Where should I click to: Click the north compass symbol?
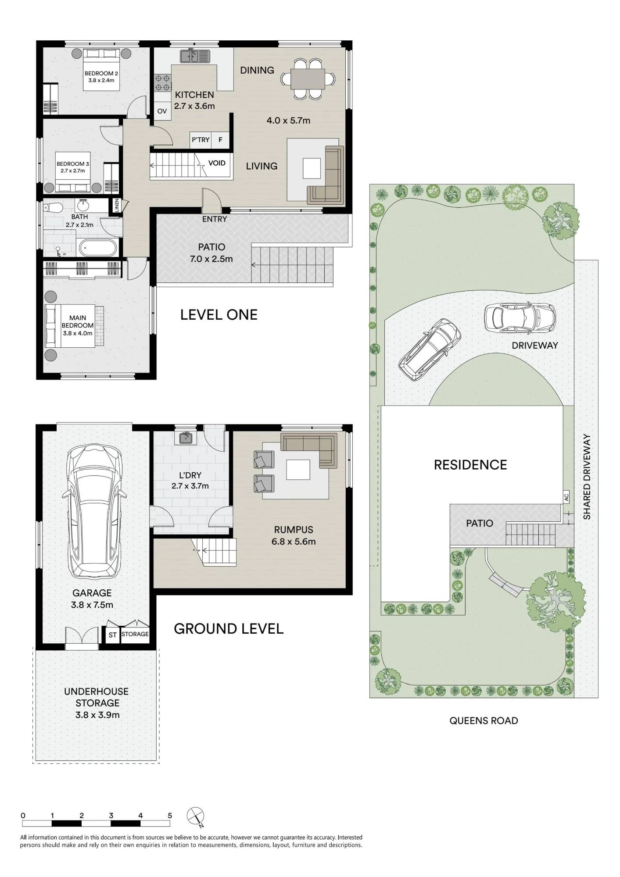click(x=196, y=817)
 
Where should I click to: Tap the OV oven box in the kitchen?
click(x=162, y=111)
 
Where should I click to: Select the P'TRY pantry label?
click(x=201, y=140)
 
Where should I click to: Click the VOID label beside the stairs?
click(x=217, y=163)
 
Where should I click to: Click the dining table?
click(x=308, y=79)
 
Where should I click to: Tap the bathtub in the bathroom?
click(x=98, y=248)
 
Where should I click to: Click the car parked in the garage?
click(x=94, y=511)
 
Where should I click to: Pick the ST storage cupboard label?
click(x=113, y=635)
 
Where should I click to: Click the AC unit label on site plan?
click(x=566, y=497)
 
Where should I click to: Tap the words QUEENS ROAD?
click(x=484, y=720)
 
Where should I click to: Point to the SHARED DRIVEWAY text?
click(x=587, y=477)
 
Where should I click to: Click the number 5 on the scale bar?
click(x=170, y=816)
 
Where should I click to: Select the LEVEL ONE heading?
click(x=219, y=314)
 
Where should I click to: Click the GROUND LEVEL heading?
click(x=229, y=629)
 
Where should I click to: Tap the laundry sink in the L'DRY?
click(x=185, y=438)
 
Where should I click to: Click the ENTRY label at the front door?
click(x=215, y=219)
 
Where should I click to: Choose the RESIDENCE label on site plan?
click(x=470, y=465)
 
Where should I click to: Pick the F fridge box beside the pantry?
click(x=220, y=140)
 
